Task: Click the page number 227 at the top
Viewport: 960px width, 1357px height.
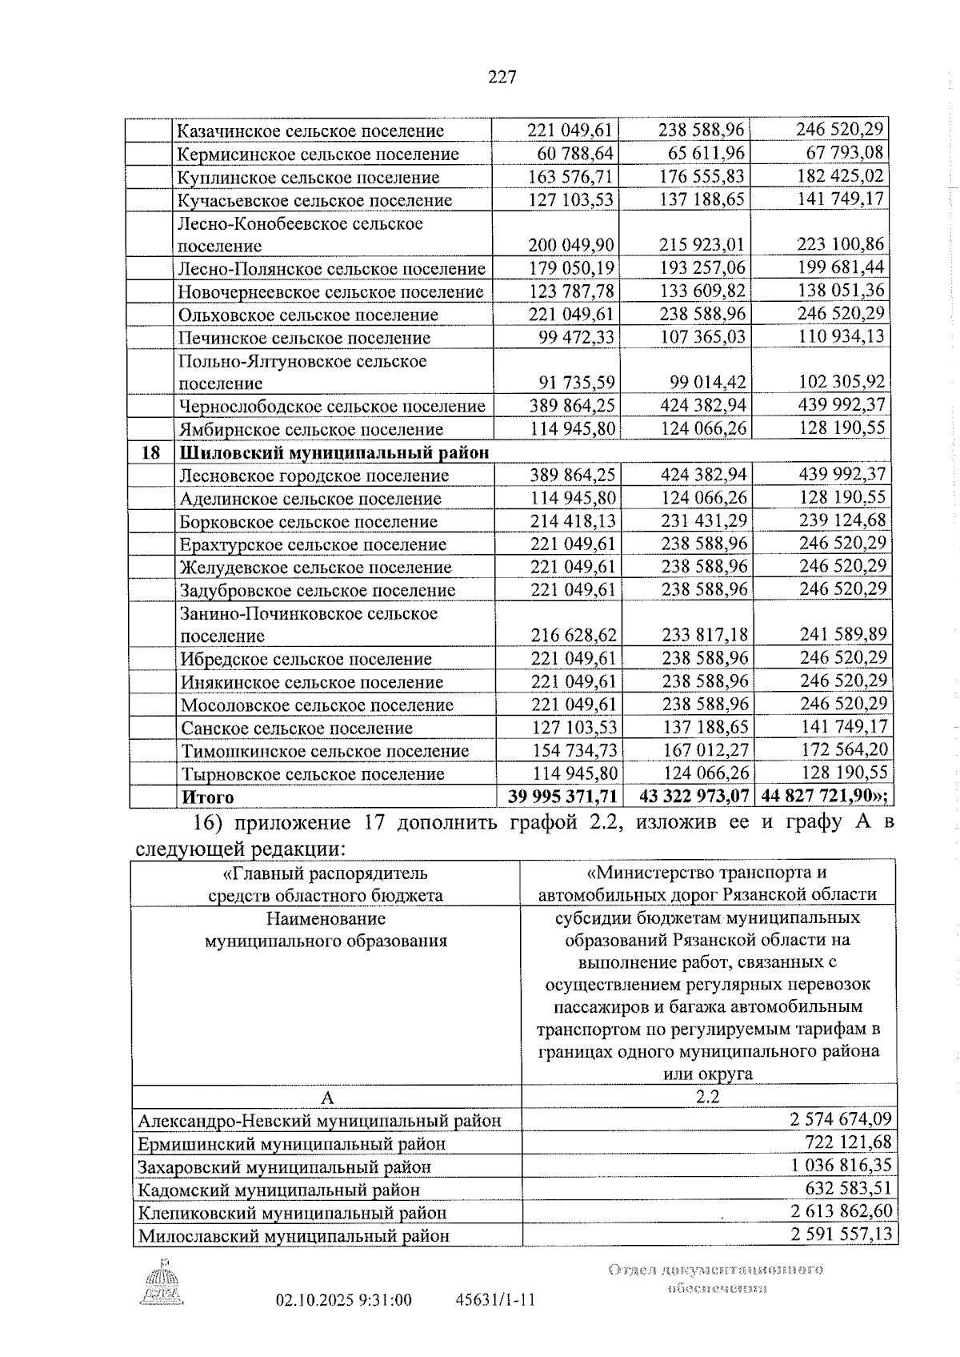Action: [x=502, y=78]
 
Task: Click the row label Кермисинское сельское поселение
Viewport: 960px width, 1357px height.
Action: [x=318, y=154]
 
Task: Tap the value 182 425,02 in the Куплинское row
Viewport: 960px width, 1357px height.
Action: [x=841, y=176]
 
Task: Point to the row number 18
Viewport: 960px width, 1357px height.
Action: [x=151, y=453]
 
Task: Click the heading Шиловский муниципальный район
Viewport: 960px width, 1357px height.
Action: [x=334, y=453]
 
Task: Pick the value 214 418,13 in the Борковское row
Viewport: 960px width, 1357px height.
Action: [x=573, y=521]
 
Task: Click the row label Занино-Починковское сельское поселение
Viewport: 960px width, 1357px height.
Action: [x=309, y=624]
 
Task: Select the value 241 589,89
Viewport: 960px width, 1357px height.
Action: [x=843, y=635]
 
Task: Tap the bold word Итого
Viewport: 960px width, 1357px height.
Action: [x=208, y=797]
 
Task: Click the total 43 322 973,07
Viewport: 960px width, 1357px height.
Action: [x=695, y=797]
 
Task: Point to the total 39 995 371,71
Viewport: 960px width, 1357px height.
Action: [x=562, y=797]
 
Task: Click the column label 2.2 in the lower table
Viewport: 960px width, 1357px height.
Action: [x=708, y=1097]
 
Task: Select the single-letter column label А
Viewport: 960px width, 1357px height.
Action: [x=326, y=1097]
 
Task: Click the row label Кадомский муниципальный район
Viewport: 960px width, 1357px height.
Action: [x=279, y=1190]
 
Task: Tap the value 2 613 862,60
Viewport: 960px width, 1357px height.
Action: [x=841, y=1211]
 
